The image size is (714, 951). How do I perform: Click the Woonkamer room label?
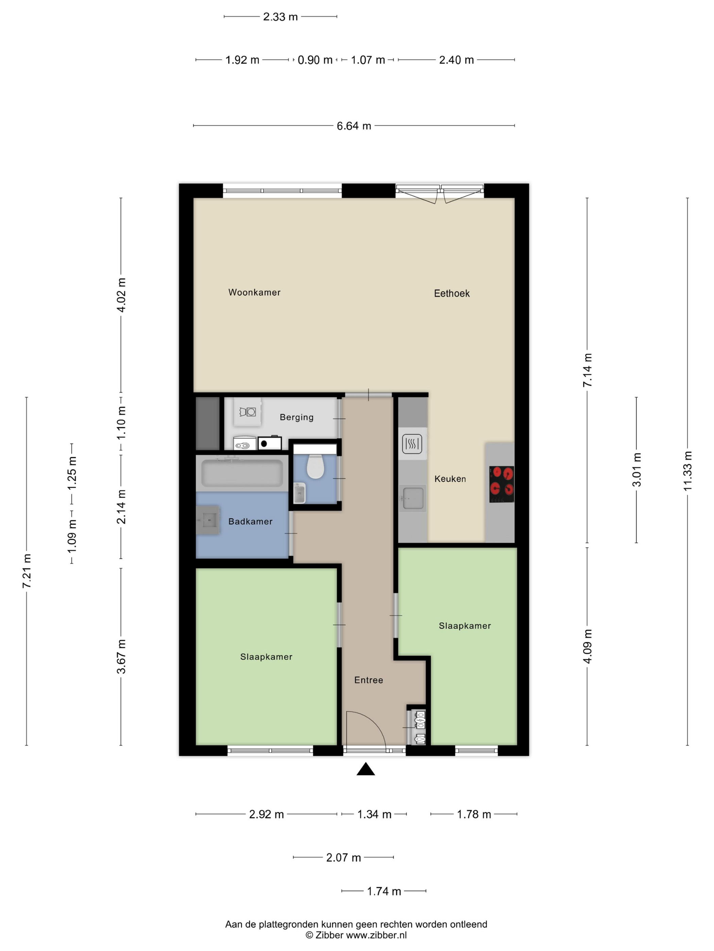(x=254, y=292)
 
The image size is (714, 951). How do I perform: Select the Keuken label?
(x=450, y=479)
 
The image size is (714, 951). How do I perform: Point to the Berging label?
(x=296, y=417)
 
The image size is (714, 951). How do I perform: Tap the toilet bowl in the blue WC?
(x=316, y=466)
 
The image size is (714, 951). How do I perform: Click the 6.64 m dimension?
(x=354, y=126)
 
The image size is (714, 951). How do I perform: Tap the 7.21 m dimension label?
(x=27, y=571)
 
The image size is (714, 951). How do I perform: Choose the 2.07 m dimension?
(x=343, y=857)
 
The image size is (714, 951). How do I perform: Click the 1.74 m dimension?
(x=384, y=891)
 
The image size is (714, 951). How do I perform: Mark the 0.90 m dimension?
(x=315, y=60)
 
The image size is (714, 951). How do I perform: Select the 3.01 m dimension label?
(x=636, y=469)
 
